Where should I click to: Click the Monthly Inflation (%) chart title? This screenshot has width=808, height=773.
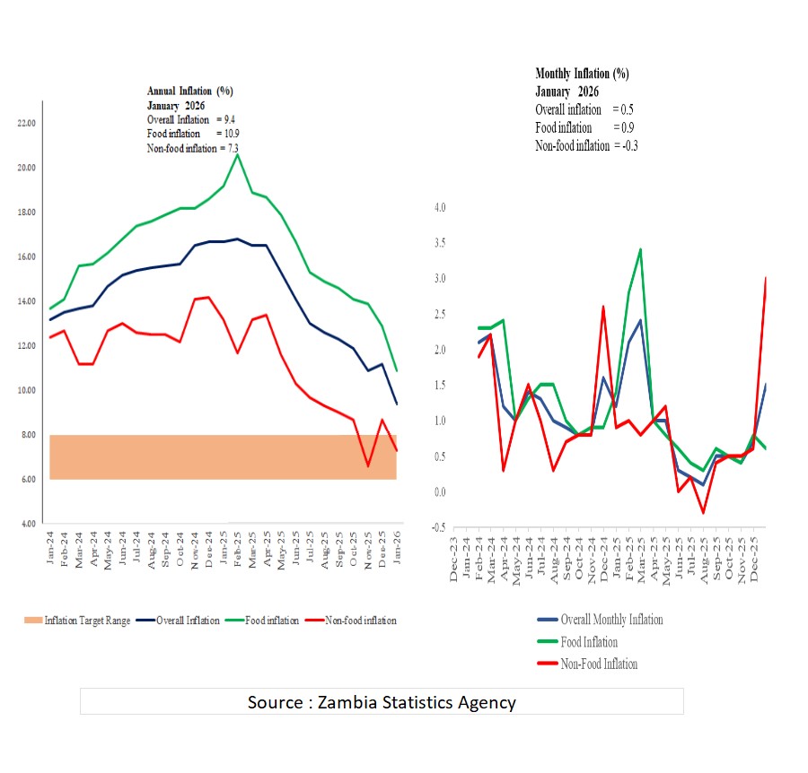point(582,74)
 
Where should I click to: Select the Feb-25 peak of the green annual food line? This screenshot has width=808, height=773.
point(237,154)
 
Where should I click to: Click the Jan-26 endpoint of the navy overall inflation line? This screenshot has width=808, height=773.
point(397,404)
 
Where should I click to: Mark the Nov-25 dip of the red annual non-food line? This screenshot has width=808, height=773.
point(368,465)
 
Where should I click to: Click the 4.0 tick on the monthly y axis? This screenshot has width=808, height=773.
point(439,208)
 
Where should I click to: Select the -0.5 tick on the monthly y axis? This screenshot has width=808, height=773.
point(437,527)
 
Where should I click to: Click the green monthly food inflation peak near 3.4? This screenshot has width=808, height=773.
point(639,249)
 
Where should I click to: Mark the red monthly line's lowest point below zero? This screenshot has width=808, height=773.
point(703,512)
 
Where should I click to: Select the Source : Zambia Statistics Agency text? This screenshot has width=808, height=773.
point(382,702)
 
